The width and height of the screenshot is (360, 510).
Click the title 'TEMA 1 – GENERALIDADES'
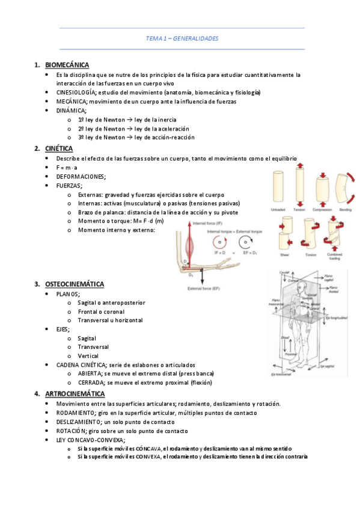coord(182,38)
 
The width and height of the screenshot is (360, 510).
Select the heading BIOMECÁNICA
coord(67,64)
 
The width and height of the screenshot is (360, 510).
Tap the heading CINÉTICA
coord(59,148)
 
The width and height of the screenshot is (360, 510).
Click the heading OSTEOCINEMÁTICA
coord(75,283)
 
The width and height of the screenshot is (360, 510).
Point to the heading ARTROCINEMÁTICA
coord(75,393)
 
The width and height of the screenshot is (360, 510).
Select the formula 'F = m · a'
coord(67,167)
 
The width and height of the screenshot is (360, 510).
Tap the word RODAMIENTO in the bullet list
coord(75,413)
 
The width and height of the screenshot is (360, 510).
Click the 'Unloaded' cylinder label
coord(278,210)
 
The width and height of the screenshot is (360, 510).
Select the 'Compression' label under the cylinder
coord(322,210)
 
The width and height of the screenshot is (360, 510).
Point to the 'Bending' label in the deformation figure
coord(345,210)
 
